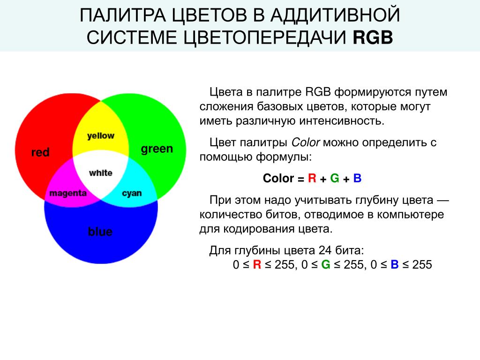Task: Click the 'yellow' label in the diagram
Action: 101,135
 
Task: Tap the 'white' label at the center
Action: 101,173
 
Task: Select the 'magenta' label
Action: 68,194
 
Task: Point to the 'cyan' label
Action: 132,194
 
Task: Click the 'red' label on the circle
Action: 40,152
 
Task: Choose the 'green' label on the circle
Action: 157,149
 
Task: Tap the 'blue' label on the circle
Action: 100,232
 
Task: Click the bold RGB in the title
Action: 373,37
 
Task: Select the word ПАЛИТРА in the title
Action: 123,15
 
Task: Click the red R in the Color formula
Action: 312,178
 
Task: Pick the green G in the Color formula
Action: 335,178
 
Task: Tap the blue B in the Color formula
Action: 357,178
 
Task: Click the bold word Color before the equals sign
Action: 278,178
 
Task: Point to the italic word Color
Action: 306,142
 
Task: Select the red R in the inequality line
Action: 257,264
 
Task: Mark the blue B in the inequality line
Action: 395,264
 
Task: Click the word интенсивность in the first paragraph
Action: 341,121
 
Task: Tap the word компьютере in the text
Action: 410,215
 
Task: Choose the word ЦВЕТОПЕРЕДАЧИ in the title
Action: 266,38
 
